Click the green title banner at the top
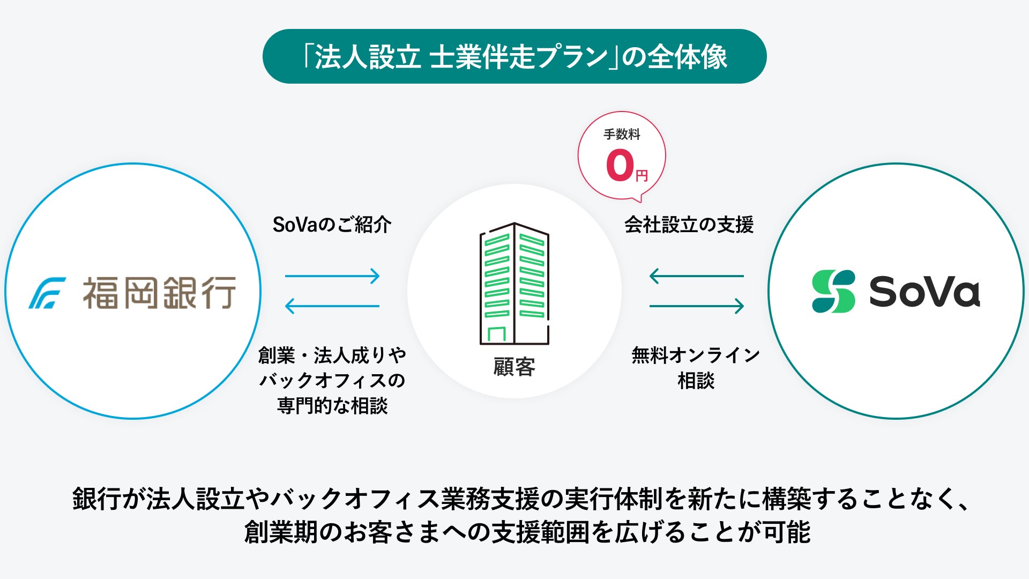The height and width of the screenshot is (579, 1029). [514, 56]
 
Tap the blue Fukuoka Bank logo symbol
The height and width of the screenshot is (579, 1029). [47, 293]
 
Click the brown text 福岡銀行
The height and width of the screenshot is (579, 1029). [159, 293]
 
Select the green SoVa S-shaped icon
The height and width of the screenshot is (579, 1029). [833, 291]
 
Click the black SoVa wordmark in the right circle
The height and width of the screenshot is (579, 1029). [924, 292]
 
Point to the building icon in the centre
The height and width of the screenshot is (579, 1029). [514, 283]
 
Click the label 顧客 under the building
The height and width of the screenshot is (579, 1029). [514, 367]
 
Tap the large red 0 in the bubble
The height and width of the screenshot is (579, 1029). [620, 165]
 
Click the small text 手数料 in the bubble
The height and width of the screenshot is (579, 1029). [622, 135]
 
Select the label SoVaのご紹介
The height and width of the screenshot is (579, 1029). [332, 225]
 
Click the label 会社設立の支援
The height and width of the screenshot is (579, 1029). [689, 225]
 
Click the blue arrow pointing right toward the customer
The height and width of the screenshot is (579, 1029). [332, 276]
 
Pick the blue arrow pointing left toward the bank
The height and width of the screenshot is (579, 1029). [332, 306]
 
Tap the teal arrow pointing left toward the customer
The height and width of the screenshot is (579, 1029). [697, 276]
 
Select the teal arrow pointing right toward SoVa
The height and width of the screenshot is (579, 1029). [697, 306]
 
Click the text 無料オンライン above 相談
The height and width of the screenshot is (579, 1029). [696, 355]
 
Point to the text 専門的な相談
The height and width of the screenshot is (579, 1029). [332, 406]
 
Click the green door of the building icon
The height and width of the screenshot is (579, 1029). [497, 334]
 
